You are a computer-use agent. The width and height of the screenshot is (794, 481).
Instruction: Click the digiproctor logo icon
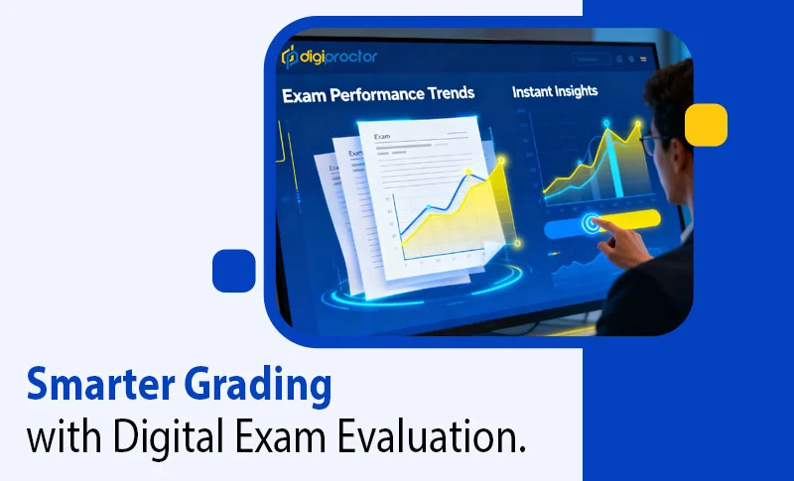[289, 56]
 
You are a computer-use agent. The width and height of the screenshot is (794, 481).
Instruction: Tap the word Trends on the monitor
[448, 95]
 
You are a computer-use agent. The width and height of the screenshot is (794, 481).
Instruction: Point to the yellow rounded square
[706, 126]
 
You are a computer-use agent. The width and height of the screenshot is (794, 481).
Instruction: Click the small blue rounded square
[234, 270]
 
